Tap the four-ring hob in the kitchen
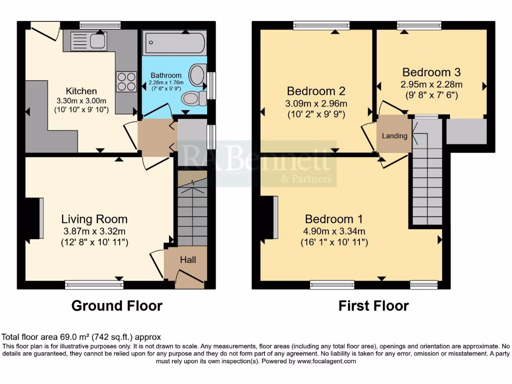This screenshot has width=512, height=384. [126, 82]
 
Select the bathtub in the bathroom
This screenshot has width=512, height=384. [174, 43]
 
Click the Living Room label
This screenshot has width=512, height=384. [94, 219]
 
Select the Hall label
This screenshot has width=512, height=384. [188, 260]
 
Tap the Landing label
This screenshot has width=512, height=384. [394, 135]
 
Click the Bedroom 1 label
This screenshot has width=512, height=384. [334, 219]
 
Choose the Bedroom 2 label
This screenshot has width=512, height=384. [316, 91]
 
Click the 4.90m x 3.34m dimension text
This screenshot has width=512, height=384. [334, 231]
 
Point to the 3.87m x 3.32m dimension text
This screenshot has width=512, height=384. [94, 231]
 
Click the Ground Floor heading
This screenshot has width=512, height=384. [117, 305]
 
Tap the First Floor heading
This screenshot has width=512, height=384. [373, 305]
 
